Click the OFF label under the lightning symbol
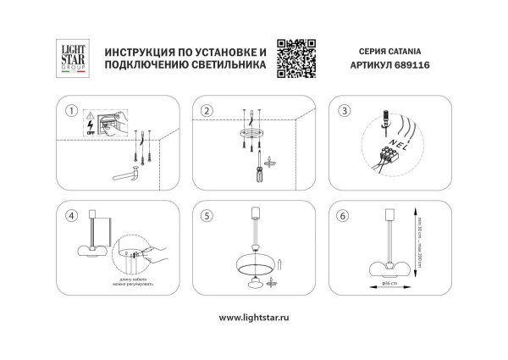click(91, 133)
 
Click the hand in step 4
click(154, 251)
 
